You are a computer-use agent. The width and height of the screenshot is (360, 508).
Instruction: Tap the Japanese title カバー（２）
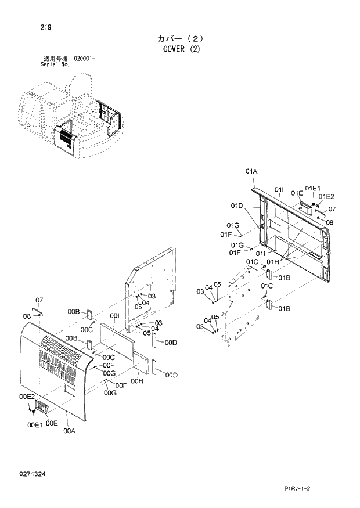pyautogui.click(x=181, y=38)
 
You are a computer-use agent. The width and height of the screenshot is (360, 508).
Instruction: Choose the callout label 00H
pyautogui.click(x=137, y=381)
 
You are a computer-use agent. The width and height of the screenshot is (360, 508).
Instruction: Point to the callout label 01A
pyautogui.click(x=251, y=171)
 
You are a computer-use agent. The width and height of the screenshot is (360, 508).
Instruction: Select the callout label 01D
pyautogui.click(x=236, y=206)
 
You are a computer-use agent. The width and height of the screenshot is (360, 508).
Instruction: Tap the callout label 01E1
pyautogui.click(x=312, y=188)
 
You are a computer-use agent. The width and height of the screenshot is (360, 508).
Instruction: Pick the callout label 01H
pyautogui.click(x=273, y=262)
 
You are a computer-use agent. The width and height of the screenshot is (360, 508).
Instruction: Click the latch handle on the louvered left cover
pyautogui.click(x=42, y=407)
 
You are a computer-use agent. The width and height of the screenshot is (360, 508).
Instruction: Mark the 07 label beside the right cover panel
pyautogui.click(x=332, y=209)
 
